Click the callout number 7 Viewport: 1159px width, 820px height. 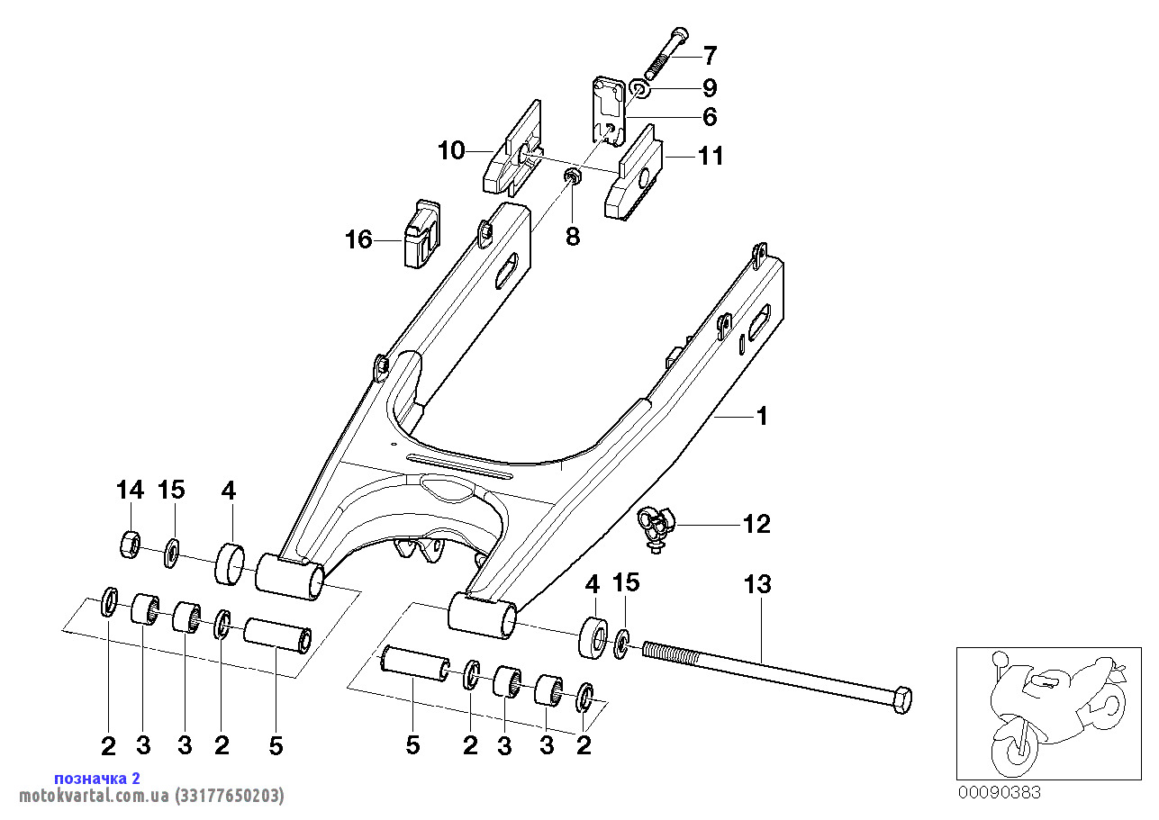pos(710,55)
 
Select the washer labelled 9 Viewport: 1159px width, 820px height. pos(640,89)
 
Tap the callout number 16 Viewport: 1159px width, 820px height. pos(358,240)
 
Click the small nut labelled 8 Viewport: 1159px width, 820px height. pos(573,176)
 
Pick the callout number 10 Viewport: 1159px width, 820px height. pos(452,151)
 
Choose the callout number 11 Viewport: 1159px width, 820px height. pos(711,156)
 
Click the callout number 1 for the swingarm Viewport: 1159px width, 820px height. pos(762,416)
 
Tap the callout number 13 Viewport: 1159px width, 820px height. pos(757,584)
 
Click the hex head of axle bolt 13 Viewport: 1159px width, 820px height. pos(901,700)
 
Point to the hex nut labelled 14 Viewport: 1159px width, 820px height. pos(130,545)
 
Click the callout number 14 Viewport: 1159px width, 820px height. pos(130,490)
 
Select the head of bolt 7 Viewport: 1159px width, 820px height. pos(678,36)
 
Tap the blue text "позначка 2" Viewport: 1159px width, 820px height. pos(97,778)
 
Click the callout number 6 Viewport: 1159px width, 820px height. pos(710,117)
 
